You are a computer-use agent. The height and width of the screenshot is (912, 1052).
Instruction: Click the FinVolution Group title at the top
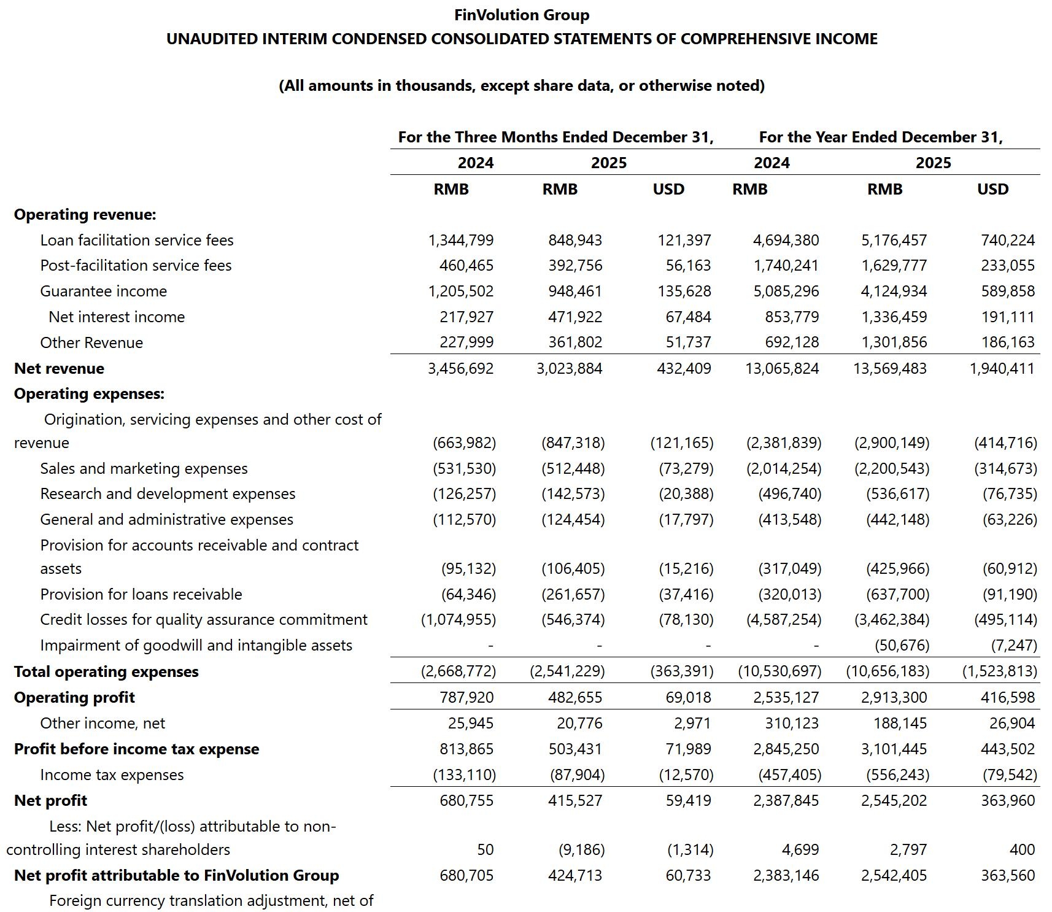(x=522, y=15)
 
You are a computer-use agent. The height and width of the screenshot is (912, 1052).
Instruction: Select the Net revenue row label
(x=59, y=368)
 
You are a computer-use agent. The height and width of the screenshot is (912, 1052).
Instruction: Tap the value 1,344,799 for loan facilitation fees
(x=461, y=240)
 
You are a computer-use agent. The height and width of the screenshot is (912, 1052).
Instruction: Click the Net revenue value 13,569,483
(x=890, y=368)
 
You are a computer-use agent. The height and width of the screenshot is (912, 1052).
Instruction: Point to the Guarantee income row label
(x=103, y=291)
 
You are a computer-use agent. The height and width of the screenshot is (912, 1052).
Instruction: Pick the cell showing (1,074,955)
(x=458, y=620)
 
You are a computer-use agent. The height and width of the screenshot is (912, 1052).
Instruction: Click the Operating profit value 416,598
(x=1008, y=697)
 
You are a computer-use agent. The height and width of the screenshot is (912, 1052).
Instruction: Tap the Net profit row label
(x=50, y=800)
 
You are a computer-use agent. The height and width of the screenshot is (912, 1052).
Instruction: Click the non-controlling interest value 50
(x=485, y=849)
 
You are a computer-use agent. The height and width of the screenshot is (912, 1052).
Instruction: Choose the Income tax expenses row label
(x=112, y=775)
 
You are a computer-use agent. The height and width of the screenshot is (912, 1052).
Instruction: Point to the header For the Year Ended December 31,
(x=881, y=137)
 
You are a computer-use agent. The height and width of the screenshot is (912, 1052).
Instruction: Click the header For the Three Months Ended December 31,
(x=555, y=137)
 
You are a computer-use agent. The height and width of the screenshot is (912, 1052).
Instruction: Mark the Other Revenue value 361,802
(x=575, y=342)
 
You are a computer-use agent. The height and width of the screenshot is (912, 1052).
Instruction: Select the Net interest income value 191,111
(x=1008, y=317)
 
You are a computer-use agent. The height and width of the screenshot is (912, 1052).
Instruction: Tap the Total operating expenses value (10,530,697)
(x=779, y=671)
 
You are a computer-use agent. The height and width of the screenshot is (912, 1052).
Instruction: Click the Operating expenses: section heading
(x=89, y=393)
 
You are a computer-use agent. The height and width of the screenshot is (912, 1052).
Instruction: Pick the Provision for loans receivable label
(x=141, y=594)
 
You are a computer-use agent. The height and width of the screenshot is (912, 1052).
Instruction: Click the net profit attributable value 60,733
(x=688, y=875)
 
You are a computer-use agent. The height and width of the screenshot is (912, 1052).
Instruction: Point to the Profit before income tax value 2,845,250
(x=786, y=749)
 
